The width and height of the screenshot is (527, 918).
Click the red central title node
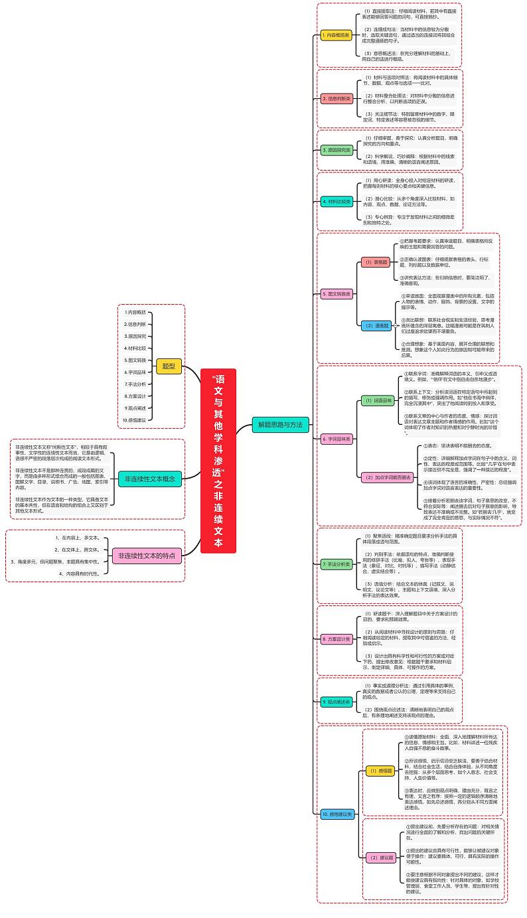tap(218, 460)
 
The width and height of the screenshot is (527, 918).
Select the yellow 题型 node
tap(169, 366)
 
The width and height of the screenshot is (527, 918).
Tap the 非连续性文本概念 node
tap(149, 478)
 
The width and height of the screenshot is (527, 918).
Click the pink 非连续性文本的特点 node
tap(147, 556)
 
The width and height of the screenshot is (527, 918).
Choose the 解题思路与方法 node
tap(280, 424)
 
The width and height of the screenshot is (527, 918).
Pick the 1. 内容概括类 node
tap(336, 35)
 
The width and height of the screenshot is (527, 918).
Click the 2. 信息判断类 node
tap(337, 99)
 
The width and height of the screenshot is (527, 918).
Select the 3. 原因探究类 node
tap(337, 150)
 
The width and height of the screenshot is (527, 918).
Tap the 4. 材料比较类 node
tap(337, 202)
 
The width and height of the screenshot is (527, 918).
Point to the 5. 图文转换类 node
tap(337, 293)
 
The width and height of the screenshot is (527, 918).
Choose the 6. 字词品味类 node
tap(337, 439)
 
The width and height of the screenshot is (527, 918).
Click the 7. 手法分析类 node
tap(337, 564)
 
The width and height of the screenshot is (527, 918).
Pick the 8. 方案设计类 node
tap(337, 638)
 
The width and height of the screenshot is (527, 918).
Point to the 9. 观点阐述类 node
tap(337, 701)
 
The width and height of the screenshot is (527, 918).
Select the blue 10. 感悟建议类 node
tap(337, 813)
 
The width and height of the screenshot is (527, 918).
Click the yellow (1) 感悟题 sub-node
tap(382, 771)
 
